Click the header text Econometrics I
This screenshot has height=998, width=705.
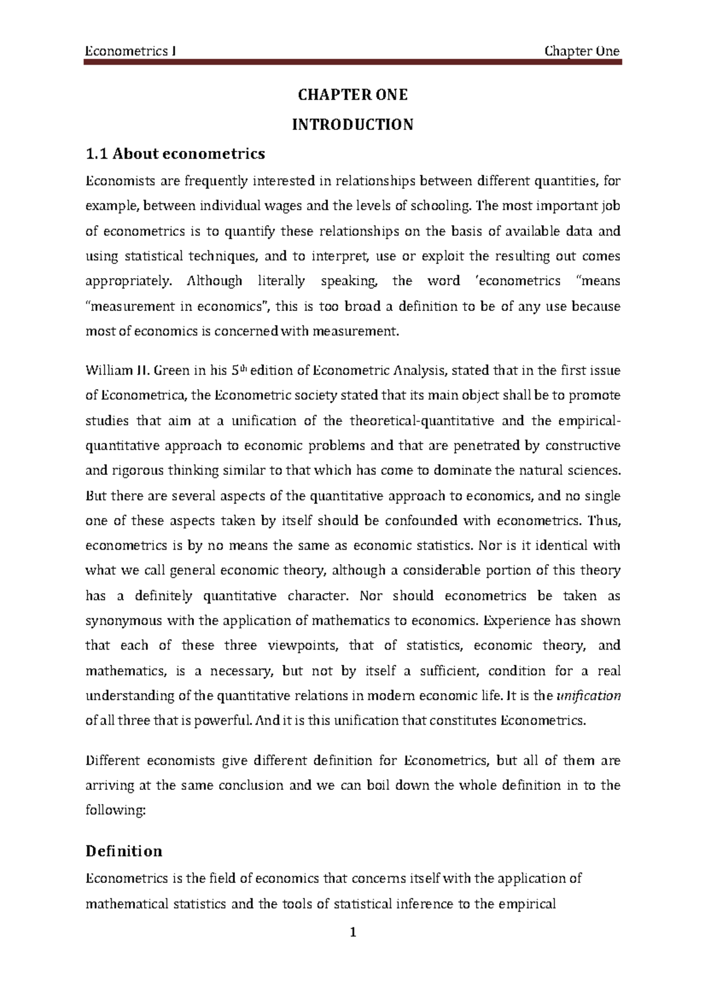coord(132,51)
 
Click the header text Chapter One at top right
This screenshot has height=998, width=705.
coord(582,51)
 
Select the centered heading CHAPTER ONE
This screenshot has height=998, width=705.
coord(352,95)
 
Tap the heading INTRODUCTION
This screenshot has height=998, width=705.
coord(352,125)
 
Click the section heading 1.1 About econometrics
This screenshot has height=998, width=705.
coord(175,154)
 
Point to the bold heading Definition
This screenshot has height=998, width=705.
coord(123,851)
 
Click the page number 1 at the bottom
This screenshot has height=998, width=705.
coord(352,932)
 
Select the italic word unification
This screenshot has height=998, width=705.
coord(588,696)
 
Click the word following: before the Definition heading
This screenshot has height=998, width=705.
coord(115,811)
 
